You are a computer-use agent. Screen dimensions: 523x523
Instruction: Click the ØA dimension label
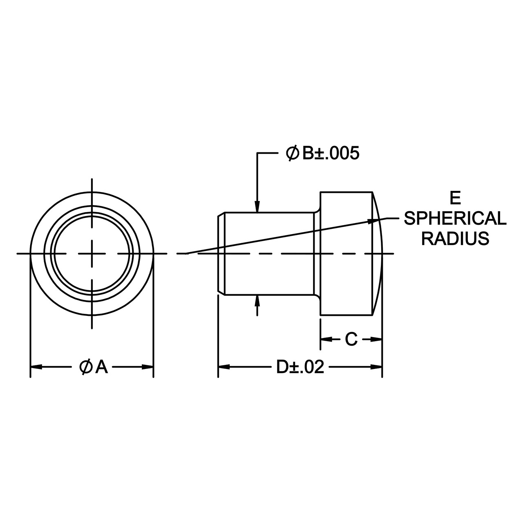(x=94, y=367)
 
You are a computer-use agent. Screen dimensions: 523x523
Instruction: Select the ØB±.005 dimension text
(x=323, y=153)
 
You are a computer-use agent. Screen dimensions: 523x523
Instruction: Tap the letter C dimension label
(x=351, y=339)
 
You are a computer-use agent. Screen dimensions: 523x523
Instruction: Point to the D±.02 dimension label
(x=300, y=367)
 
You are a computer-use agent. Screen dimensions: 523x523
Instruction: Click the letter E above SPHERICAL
(x=455, y=199)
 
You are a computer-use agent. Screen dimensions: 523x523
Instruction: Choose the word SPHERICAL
(x=455, y=219)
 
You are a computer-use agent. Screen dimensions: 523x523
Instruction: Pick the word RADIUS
(x=455, y=239)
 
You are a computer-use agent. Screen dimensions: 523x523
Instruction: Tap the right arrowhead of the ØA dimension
(x=148, y=367)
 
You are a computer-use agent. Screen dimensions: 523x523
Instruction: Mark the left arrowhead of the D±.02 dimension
(x=224, y=367)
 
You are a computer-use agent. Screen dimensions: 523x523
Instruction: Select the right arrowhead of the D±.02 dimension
(x=376, y=367)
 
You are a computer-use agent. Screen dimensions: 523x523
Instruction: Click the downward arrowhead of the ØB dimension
(x=257, y=206)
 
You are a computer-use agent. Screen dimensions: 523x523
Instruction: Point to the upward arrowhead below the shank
(x=257, y=301)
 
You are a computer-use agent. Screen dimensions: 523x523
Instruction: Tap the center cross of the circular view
(x=92, y=254)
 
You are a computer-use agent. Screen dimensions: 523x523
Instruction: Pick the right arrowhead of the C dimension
(x=376, y=339)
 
